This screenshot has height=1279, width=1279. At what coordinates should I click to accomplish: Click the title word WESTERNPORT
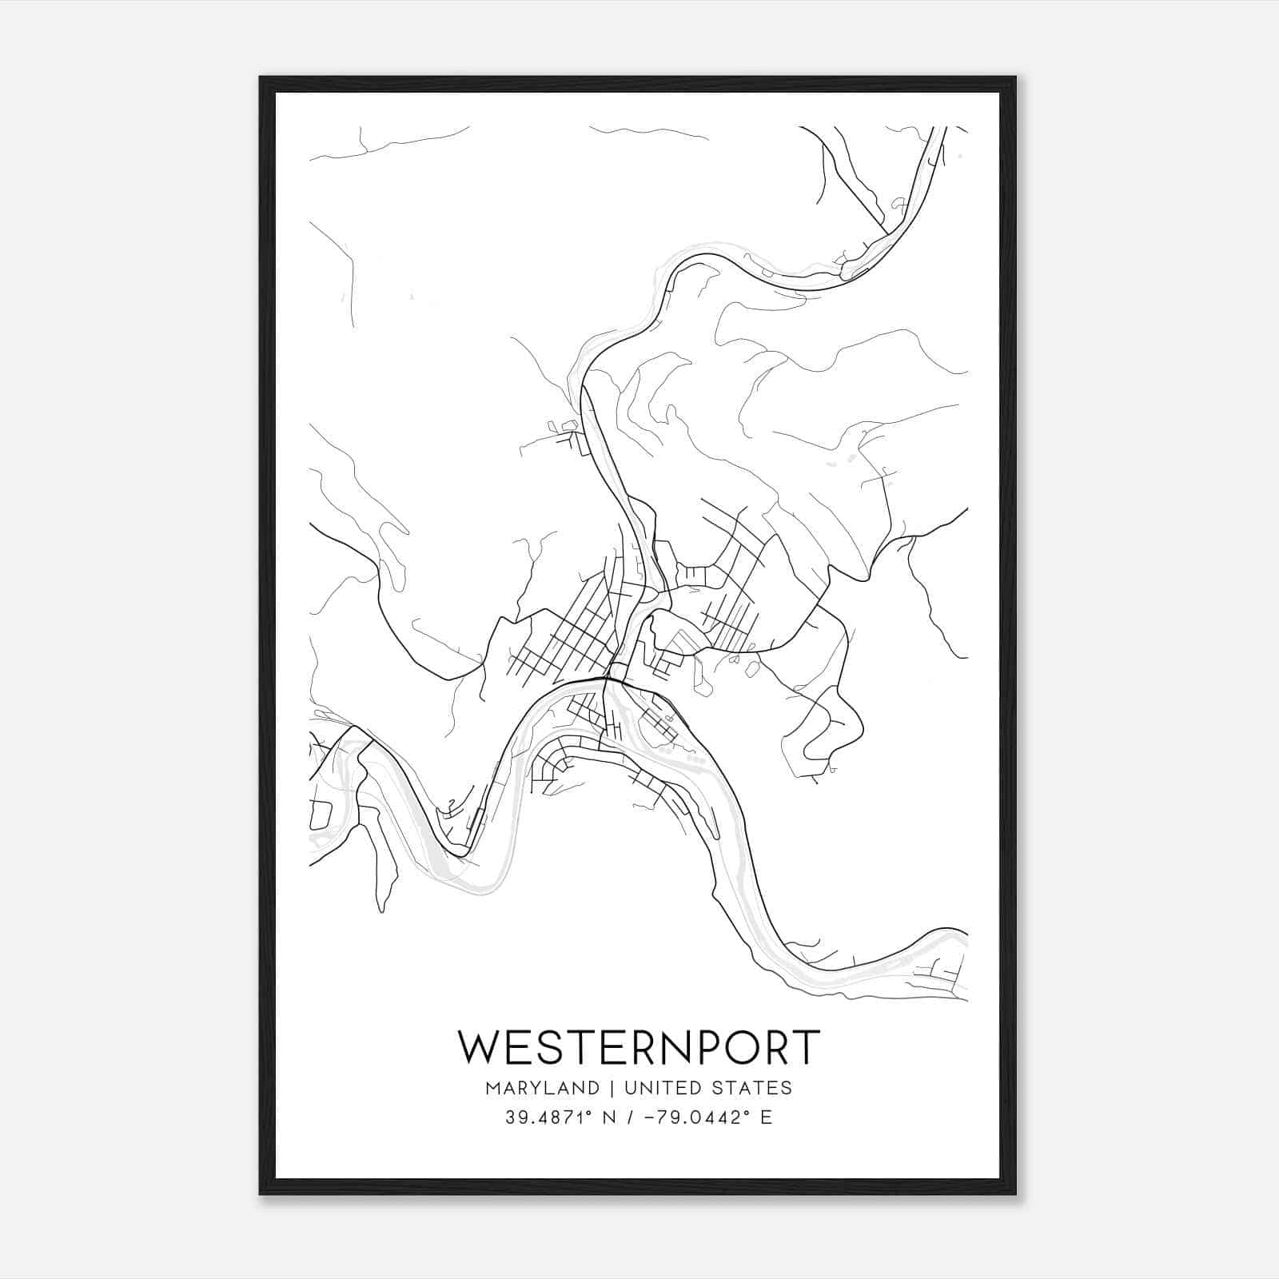(x=639, y=1046)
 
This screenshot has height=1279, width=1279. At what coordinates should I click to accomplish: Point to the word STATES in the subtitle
(x=749, y=1087)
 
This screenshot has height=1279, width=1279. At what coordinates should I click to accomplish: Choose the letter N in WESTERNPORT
(x=672, y=1046)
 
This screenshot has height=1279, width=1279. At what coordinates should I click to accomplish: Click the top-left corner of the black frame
(x=261, y=78)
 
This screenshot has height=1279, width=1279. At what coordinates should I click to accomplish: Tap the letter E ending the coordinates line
(x=767, y=1118)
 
